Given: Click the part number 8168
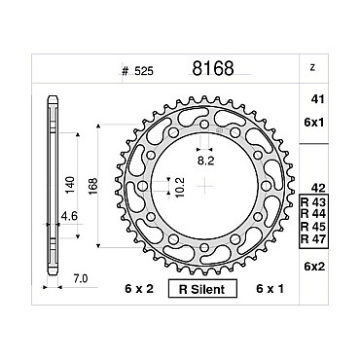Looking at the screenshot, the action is click(213, 68).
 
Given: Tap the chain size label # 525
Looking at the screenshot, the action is click(137, 71).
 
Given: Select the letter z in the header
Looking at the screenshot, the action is click(312, 68).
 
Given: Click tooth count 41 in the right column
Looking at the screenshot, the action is click(317, 99).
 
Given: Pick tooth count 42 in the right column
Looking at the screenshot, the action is click(317, 188).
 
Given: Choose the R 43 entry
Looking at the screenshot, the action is click(313, 202).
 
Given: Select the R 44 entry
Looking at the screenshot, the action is click(313, 214).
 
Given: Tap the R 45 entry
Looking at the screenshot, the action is click(313, 226).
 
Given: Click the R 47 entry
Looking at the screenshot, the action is click(313, 239).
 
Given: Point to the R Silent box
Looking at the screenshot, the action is click(202, 289).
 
